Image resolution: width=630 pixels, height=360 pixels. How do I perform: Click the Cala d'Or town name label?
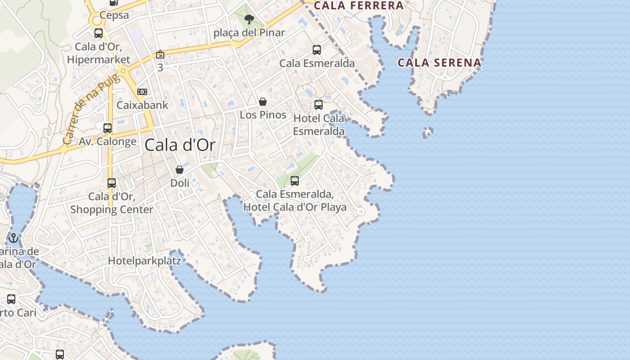pyautogui.click(x=180, y=145)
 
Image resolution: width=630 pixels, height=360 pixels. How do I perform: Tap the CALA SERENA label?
pyautogui.click(x=439, y=63)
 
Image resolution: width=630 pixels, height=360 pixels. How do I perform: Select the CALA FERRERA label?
pyautogui.click(x=359, y=5)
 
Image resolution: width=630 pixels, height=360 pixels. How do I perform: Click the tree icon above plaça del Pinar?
pyautogui.click(x=249, y=19)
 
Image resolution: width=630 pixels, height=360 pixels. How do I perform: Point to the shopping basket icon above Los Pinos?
pyautogui.click(x=263, y=102)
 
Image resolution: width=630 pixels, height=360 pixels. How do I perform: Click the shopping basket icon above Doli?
pyautogui.click(x=180, y=170)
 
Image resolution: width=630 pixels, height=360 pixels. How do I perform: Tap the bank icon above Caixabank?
pyautogui.click(x=142, y=92)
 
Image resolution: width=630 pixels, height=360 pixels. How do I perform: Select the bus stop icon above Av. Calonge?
pyautogui.click(x=108, y=128)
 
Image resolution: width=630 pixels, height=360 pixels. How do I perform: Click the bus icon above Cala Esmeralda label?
pyautogui.click(x=317, y=50)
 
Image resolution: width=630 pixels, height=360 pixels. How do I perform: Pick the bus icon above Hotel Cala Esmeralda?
pyautogui.click(x=319, y=105)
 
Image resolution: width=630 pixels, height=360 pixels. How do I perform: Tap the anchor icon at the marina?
pyautogui.click(x=13, y=238)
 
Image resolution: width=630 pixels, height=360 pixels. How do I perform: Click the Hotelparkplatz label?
pyautogui.click(x=144, y=261)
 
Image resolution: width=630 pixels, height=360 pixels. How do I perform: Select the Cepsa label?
pyautogui.click(x=114, y=15)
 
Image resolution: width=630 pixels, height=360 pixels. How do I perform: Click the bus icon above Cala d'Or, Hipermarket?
pyautogui.click(x=99, y=33)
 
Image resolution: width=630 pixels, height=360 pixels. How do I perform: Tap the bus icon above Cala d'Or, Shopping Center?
pyautogui.click(x=112, y=183)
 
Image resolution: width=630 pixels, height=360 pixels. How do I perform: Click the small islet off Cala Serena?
pyautogui.click(x=427, y=132)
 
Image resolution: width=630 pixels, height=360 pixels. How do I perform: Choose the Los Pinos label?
pyautogui.click(x=263, y=115)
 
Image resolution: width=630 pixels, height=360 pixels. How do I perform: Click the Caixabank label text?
pyautogui.click(x=142, y=105)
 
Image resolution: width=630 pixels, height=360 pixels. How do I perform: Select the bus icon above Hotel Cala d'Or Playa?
pyautogui.click(x=295, y=181)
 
